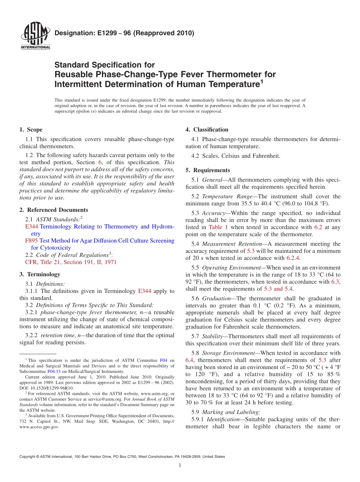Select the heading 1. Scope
click(31, 130)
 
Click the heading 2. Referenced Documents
click(53, 210)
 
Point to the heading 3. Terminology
click(39, 274)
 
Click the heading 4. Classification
click(207, 130)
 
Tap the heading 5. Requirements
click(208, 170)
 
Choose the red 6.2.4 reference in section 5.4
click(292, 258)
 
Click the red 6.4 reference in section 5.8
click(189, 360)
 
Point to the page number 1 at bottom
click(180, 465)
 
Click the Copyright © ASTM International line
click(122, 457)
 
